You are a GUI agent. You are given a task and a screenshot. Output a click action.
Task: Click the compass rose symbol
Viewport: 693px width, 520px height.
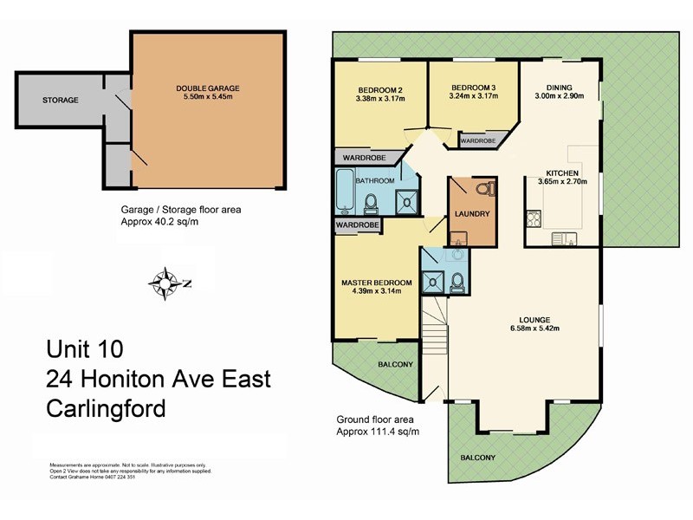pyautogui.click(x=163, y=283)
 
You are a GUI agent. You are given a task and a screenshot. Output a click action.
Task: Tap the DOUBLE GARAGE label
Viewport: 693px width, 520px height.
pyautogui.click(x=208, y=88)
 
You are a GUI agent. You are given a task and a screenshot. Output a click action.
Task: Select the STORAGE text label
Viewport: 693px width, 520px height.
pyautogui.click(x=61, y=101)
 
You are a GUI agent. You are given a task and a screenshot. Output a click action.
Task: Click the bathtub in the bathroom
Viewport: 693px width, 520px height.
pyautogui.click(x=344, y=192)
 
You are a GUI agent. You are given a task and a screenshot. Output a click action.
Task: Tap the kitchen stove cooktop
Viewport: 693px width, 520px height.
pyautogui.click(x=533, y=218)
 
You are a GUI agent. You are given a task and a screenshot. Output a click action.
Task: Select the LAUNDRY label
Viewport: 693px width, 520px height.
pyautogui.click(x=473, y=213)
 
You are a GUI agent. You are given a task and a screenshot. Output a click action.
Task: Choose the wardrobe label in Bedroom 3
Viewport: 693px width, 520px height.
pyautogui.click(x=477, y=140)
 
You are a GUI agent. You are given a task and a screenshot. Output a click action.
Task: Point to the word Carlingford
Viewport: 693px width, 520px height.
pyautogui.click(x=105, y=408)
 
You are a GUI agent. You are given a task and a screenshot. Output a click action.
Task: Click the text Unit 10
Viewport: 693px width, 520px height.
pyautogui.click(x=84, y=348)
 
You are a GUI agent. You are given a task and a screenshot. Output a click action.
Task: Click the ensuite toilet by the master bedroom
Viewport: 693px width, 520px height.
pyautogui.click(x=458, y=279)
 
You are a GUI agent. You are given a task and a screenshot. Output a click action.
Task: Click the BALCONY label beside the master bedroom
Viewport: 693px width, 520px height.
pyautogui.click(x=397, y=364)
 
